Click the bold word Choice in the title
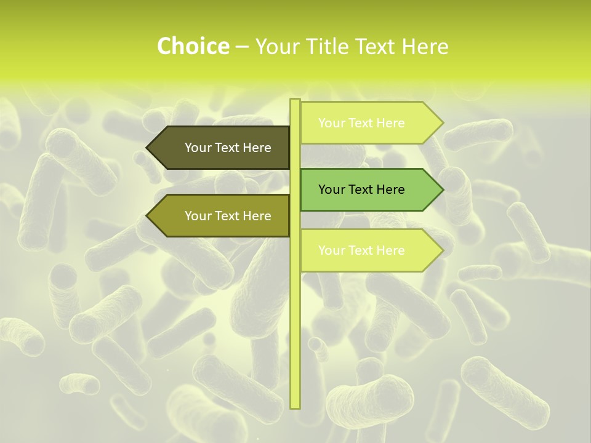(193, 46)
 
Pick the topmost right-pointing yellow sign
(369, 123)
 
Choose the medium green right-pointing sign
(369, 190)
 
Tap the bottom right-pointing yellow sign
(369, 250)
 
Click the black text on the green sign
(361, 190)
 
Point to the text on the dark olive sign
(228, 148)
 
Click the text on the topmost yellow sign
(361, 123)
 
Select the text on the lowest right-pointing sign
(361, 250)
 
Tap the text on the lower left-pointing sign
(228, 216)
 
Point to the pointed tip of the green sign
(442, 190)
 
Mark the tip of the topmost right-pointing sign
(442, 123)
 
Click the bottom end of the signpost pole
(295, 406)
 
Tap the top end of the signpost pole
(295, 100)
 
